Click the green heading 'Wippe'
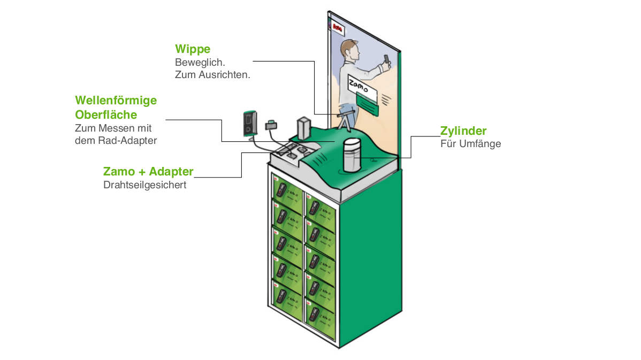click(x=192, y=50)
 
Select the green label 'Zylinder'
click(x=463, y=131)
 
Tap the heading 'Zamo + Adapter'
click(x=148, y=172)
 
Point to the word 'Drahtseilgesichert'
click(x=144, y=186)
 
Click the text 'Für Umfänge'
click(x=470, y=144)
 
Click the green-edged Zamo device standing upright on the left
click(x=249, y=123)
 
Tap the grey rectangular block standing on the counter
click(x=304, y=128)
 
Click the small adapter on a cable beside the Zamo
click(x=271, y=125)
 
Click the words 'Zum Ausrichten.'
click(x=212, y=75)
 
